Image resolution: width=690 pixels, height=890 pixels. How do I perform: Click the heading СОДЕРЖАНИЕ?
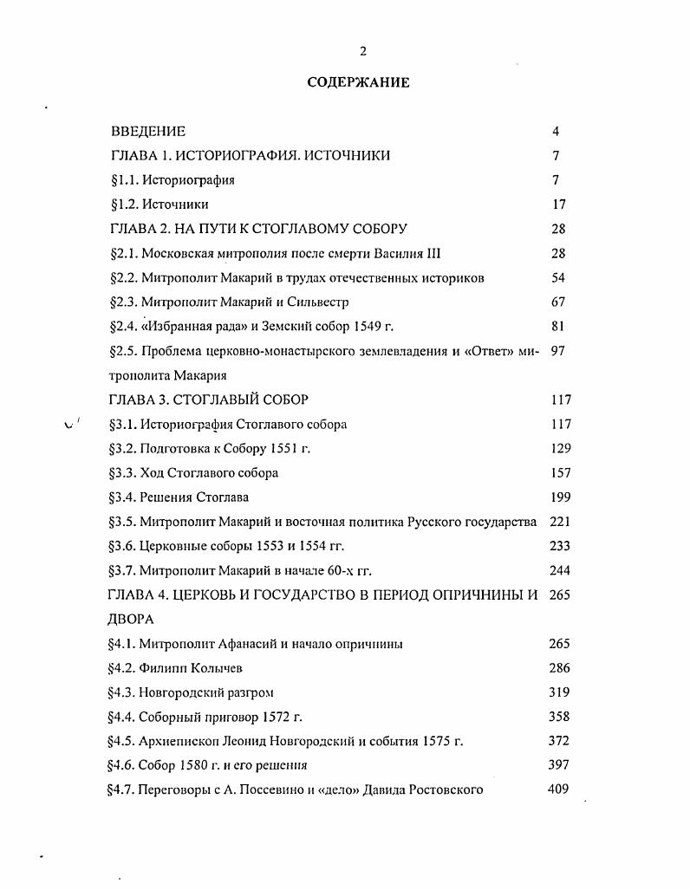358,83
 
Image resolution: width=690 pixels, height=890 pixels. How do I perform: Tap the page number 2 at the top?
363,51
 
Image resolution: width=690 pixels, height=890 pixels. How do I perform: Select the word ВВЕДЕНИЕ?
148,132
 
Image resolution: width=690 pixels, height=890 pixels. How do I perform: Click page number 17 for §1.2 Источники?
558,205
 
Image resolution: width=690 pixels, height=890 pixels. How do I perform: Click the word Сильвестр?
295,302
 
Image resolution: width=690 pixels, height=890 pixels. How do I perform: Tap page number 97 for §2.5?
558,351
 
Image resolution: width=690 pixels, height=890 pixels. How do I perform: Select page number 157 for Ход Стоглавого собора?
561,473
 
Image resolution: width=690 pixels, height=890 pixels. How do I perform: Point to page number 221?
561,522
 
